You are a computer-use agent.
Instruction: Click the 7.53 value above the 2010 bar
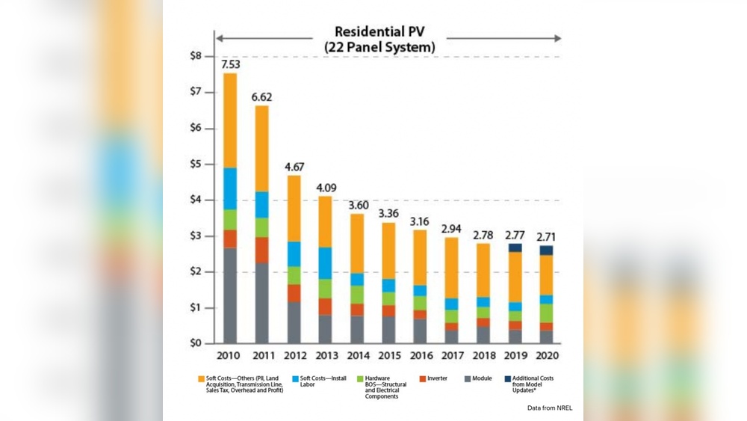pos(229,64)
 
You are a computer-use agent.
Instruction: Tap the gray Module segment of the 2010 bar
pos(230,295)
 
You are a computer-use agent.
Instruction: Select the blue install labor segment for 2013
pos(324,262)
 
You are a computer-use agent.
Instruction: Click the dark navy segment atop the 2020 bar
pos(546,251)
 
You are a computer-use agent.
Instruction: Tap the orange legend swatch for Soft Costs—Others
pos(202,379)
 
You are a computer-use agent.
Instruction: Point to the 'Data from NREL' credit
pos(549,408)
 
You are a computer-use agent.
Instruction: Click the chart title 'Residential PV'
pos(379,32)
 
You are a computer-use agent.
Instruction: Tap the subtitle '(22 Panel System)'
pos(379,47)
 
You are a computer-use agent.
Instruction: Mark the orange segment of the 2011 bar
pos(261,148)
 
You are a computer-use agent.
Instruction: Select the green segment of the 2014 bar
pos(356,294)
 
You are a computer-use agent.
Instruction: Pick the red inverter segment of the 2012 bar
pos(293,293)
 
